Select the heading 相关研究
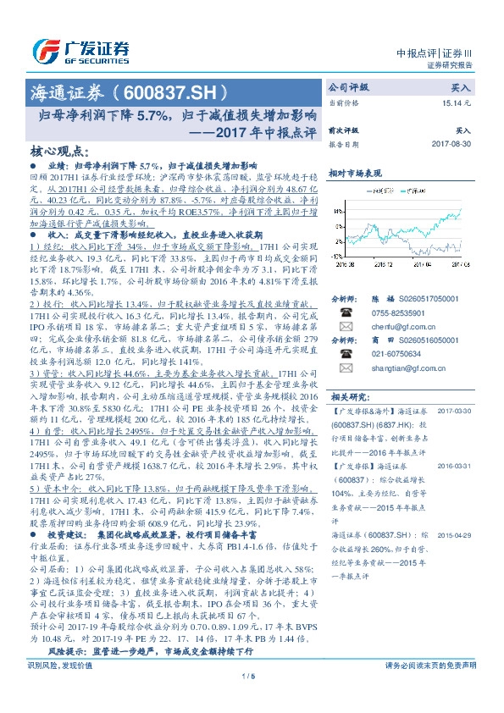348,396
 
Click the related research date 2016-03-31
454,466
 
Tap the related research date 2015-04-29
454,534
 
